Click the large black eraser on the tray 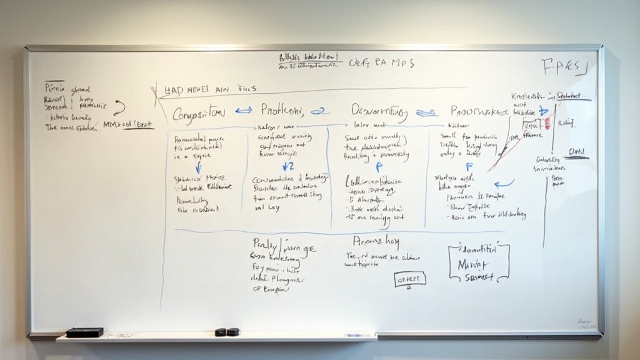84,332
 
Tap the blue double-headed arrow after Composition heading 243,110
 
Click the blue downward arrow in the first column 198,167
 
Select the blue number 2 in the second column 287,167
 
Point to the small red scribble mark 548,123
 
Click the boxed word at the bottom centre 409,279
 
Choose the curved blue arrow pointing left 504,184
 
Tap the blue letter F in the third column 377,167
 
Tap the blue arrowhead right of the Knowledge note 543,111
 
